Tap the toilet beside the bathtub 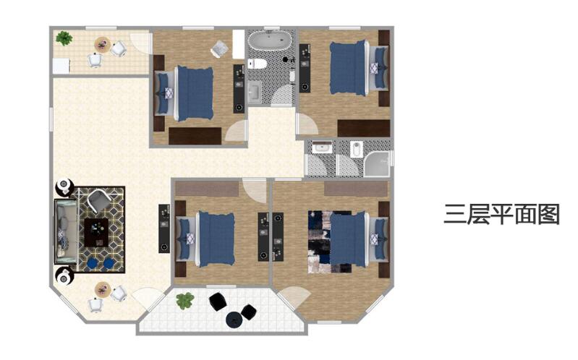258,64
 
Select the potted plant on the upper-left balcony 64,38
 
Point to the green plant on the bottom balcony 185,301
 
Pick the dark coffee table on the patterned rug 96,233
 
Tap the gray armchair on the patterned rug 98,200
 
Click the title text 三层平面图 502,215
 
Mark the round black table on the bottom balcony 234,320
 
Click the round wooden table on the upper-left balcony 103,45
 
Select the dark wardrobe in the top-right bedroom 363,128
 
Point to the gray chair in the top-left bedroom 220,48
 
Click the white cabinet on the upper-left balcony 61,66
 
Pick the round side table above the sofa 64,187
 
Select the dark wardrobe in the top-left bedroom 195,136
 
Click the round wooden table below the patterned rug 103,290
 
